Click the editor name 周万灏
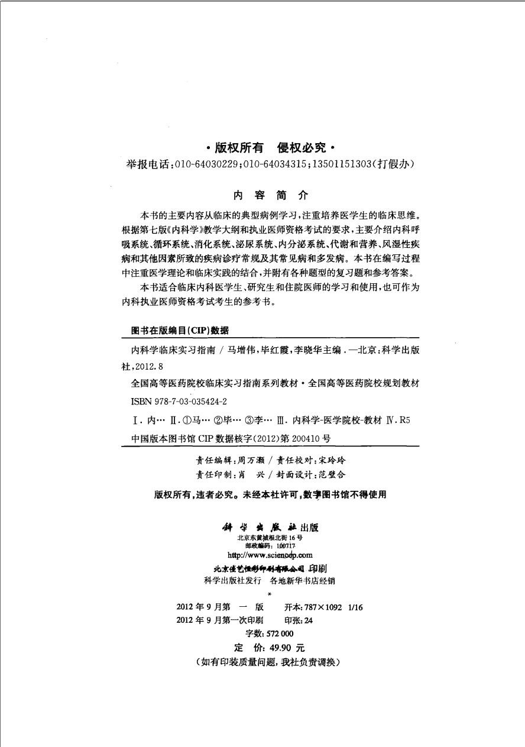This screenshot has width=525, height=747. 250,458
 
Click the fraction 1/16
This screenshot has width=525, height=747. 356,607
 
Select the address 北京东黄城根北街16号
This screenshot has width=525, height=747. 269,538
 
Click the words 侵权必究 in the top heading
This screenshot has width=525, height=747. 303,149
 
